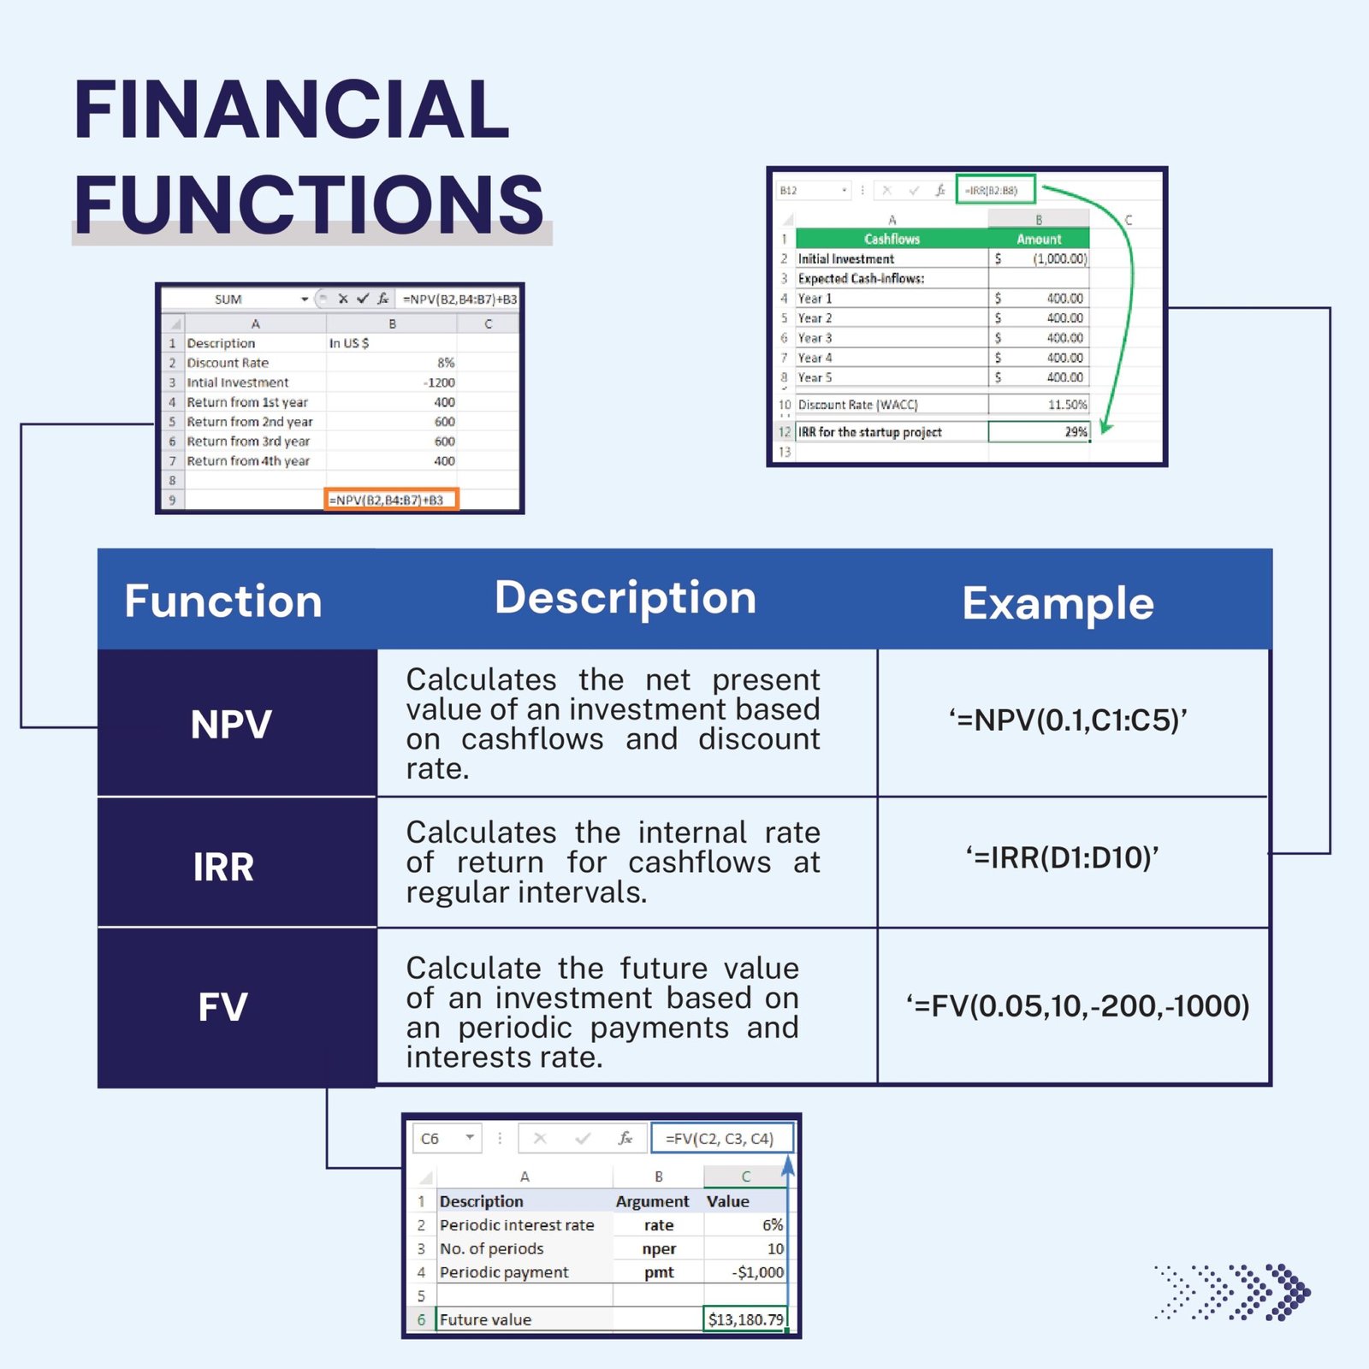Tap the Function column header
pos(223,601)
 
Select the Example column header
pos(1058,603)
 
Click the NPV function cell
pos(231,724)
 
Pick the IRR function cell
pos(223,867)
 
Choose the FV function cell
pos(223,1006)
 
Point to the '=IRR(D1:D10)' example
pos(1062,857)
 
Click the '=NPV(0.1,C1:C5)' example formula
pos(1067,720)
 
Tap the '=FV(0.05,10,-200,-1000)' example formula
pos(1077,1005)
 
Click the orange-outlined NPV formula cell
pos(391,500)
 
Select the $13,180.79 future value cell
pos(744,1319)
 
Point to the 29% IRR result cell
pos(1039,432)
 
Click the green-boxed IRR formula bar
pos(995,190)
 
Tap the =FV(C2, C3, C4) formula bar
pos(721,1138)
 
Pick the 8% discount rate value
pos(445,363)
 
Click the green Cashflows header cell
pos(892,239)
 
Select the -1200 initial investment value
pos(440,382)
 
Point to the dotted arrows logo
pos(1232,1291)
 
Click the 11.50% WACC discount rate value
pos(1066,405)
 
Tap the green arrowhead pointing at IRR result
pos(1105,426)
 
